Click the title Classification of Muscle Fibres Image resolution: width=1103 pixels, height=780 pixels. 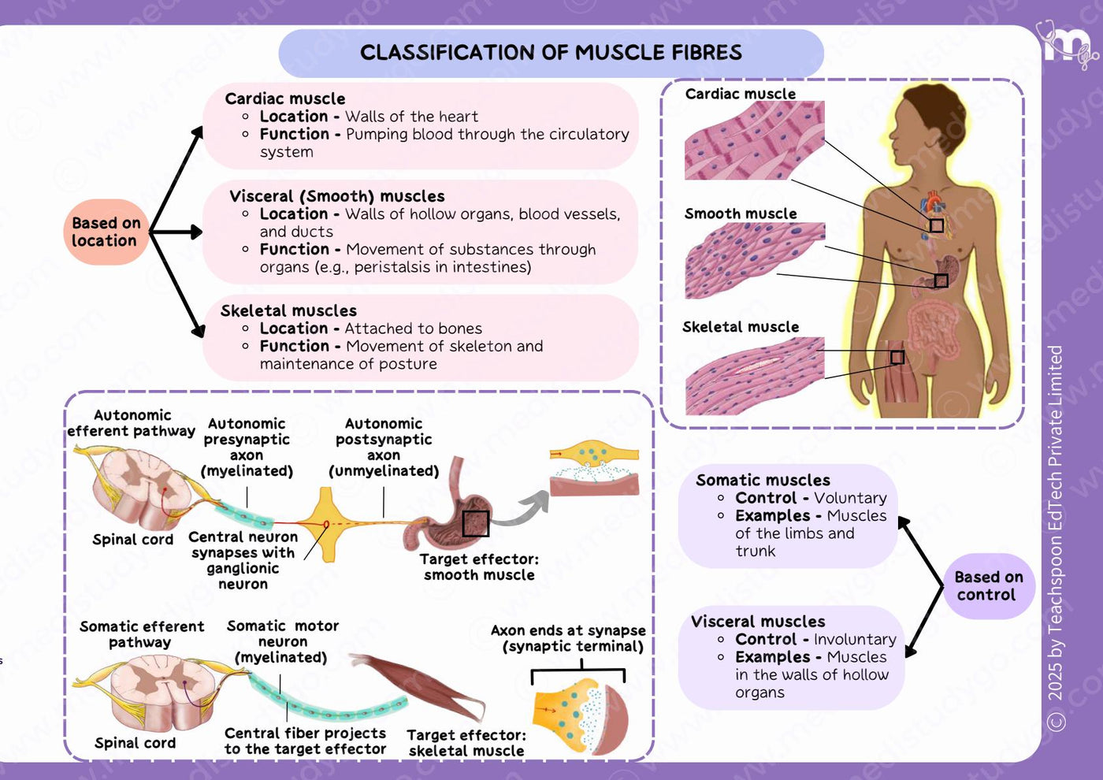[x=551, y=52]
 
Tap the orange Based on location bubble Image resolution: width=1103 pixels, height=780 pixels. [x=106, y=232]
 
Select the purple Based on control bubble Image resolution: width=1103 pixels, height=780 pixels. [x=989, y=585]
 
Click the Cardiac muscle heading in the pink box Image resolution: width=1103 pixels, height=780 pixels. [x=284, y=98]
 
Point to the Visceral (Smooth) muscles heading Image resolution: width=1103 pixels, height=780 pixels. [x=337, y=196]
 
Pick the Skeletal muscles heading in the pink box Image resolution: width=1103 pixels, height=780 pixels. [x=288, y=310]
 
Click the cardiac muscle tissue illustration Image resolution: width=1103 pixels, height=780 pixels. [x=755, y=140]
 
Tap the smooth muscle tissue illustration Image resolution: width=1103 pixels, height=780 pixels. [x=755, y=261]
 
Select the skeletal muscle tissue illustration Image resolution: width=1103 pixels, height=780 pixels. [x=755, y=376]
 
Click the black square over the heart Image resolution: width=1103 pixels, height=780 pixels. [x=936, y=225]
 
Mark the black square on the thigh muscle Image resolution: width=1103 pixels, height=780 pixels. [x=897, y=357]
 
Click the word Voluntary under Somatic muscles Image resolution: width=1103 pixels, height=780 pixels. [x=850, y=498]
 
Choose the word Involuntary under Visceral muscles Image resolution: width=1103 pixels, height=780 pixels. [x=855, y=639]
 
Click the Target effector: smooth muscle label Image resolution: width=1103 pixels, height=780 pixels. [x=479, y=566]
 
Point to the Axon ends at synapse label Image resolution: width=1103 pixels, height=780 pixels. [x=568, y=630]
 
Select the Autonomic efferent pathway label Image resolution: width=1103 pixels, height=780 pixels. [x=132, y=423]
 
